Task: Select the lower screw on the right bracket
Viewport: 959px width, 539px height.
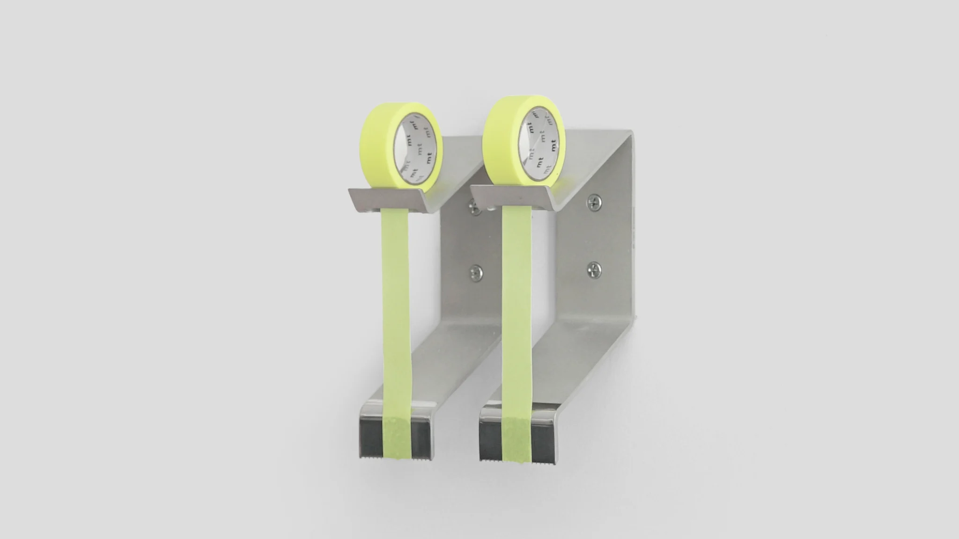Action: pos(593,268)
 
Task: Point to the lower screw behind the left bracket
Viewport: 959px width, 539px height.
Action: pos(476,270)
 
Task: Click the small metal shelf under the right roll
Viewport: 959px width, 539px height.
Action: pos(513,196)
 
